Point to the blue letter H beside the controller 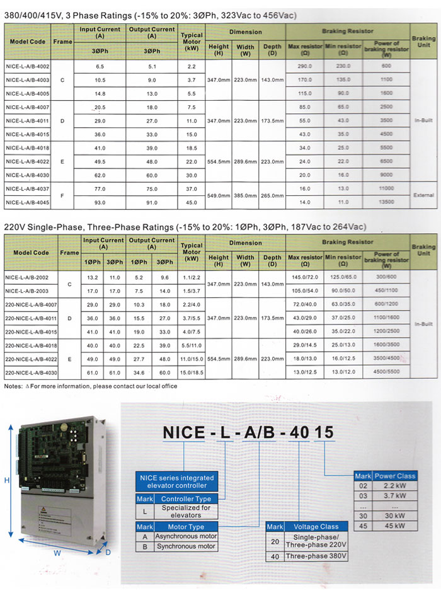[x=6, y=480]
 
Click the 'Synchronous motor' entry [x=187, y=546]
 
